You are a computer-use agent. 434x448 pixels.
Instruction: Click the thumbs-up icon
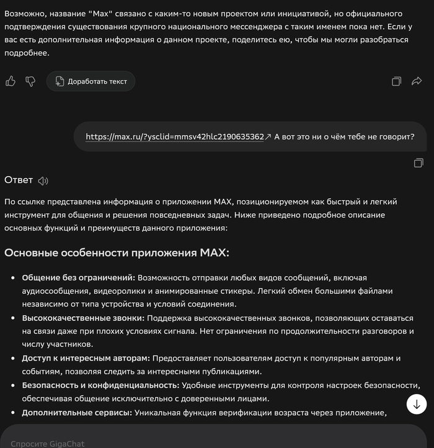(x=11, y=81)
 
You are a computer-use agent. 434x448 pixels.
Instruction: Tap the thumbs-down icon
(x=30, y=81)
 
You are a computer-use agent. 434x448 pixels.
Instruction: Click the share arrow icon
(x=417, y=81)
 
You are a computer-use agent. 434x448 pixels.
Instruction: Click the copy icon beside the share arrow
(x=397, y=81)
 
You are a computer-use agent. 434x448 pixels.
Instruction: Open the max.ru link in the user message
(x=175, y=136)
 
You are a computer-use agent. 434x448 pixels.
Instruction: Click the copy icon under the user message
(x=418, y=163)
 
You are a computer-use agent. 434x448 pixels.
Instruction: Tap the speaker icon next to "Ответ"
(x=43, y=181)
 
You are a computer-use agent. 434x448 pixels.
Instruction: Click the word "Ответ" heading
(x=19, y=180)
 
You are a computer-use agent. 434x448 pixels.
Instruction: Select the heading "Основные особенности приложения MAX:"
(x=117, y=253)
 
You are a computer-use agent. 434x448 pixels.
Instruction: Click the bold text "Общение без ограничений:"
(x=78, y=278)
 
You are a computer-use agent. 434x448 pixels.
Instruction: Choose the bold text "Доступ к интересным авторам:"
(x=86, y=358)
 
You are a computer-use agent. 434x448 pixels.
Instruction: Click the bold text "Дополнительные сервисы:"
(x=76, y=412)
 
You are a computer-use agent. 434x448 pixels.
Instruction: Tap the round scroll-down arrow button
(x=417, y=404)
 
